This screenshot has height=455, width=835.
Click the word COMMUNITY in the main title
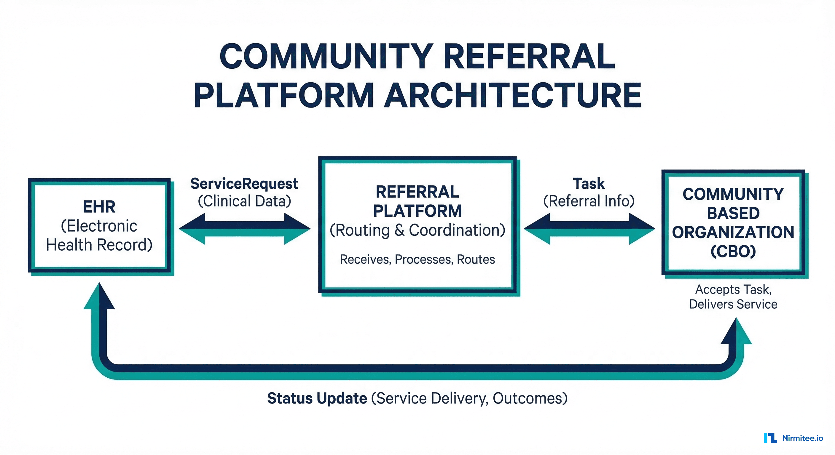coord(326,57)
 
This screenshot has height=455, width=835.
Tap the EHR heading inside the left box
coord(99,206)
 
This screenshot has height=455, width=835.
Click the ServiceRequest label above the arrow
coord(244,184)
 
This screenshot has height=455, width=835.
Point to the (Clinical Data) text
coord(244,201)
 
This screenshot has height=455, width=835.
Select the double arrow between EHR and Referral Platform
coord(245,229)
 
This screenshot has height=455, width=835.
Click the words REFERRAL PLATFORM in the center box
coord(417,201)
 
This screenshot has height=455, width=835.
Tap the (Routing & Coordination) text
coord(417,230)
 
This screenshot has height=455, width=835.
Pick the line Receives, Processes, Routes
coord(417,259)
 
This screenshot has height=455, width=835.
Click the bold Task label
coord(589,184)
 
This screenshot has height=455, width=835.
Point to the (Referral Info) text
coord(589,201)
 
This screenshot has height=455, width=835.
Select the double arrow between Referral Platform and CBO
coord(589,229)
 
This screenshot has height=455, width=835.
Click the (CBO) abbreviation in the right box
coord(733,251)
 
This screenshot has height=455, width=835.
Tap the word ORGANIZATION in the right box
coord(733,232)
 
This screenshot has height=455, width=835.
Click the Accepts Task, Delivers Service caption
coord(733,297)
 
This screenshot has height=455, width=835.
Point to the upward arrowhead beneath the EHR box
coord(99,298)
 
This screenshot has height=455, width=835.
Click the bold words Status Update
coord(317,398)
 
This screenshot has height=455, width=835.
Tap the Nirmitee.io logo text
coord(802,438)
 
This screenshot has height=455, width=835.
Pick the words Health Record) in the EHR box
coord(99,245)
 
